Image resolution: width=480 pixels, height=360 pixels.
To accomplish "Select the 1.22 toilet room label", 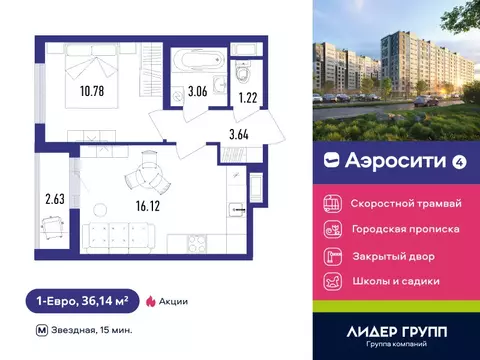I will pos(247,98).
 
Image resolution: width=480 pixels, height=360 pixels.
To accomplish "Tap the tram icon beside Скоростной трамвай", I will pos(330,202).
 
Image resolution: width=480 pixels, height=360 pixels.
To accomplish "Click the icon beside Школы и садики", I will pos(330,281).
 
